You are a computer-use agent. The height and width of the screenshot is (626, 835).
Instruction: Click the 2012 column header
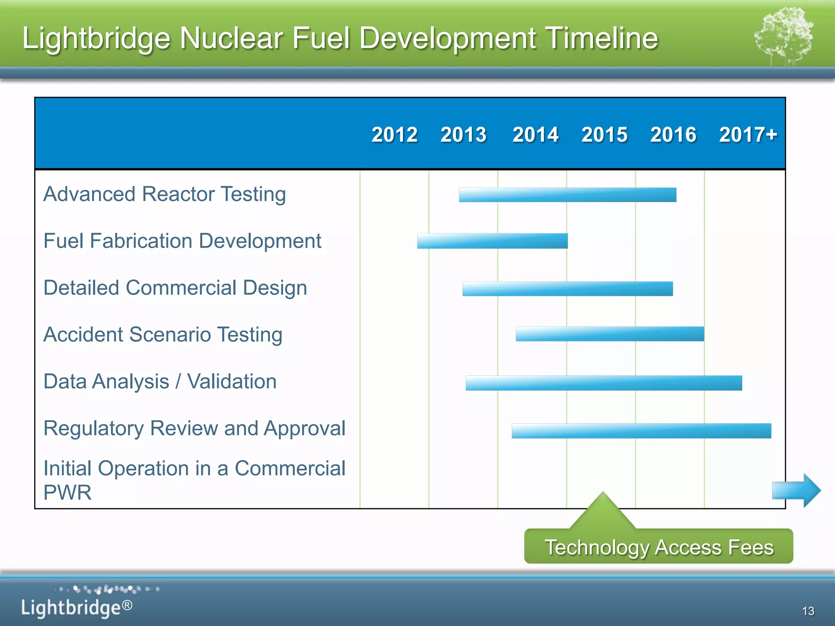click(x=394, y=134)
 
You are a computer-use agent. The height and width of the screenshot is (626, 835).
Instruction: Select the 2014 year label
click(x=535, y=134)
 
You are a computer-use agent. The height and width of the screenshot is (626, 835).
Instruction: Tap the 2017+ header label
click(x=748, y=134)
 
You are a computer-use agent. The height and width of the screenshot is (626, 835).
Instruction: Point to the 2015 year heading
click(x=604, y=134)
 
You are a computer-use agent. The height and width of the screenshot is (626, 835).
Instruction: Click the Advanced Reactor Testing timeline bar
click(x=567, y=195)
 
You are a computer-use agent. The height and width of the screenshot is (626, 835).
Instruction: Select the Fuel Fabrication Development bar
click(x=492, y=241)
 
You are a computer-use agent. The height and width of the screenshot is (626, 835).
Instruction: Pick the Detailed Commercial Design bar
click(x=567, y=289)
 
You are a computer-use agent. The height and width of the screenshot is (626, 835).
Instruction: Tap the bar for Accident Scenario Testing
click(x=610, y=334)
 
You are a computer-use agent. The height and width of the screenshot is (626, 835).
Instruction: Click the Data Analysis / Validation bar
click(x=603, y=383)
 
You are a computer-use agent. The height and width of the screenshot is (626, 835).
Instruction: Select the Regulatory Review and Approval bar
click(x=641, y=431)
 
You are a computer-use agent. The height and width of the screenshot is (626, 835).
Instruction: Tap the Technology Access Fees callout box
click(x=658, y=547)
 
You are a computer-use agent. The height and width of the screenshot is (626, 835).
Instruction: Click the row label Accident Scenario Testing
click(x=163, y=335)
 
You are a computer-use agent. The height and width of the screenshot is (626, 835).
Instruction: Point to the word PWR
click(x=67, y=492)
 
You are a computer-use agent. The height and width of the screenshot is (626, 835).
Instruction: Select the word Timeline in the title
click(x=601, y=38)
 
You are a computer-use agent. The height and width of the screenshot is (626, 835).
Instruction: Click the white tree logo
click(x=784, y=37)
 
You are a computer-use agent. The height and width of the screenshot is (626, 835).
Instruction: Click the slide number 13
click(x=808, y=611)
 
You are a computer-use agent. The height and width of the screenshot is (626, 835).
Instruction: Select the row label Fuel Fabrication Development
click(x=182, y=241)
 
